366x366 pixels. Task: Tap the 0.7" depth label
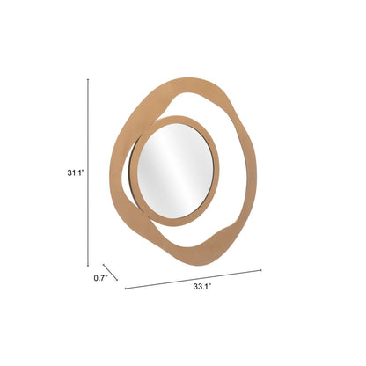[99, 279]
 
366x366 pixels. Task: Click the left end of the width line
[125, 287]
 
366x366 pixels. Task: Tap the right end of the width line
[261, 269]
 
